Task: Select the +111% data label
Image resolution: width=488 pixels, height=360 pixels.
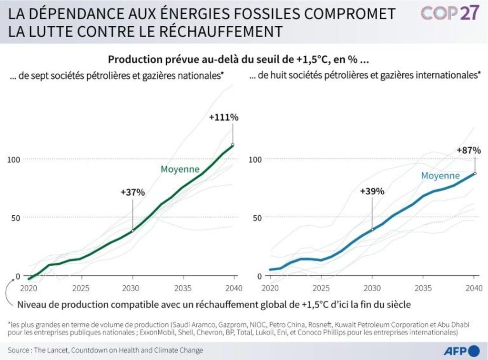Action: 224,117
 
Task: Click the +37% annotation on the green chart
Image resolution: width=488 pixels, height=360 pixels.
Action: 132,192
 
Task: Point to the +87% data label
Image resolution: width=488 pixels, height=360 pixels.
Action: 468,150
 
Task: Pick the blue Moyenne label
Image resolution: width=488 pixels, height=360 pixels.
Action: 440,176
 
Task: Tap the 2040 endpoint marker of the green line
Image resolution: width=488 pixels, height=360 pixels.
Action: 233,144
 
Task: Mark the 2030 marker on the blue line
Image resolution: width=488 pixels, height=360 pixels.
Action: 372,229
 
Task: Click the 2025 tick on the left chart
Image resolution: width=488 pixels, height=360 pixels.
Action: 81,288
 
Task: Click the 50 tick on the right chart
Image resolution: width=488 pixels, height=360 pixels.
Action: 256,217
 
